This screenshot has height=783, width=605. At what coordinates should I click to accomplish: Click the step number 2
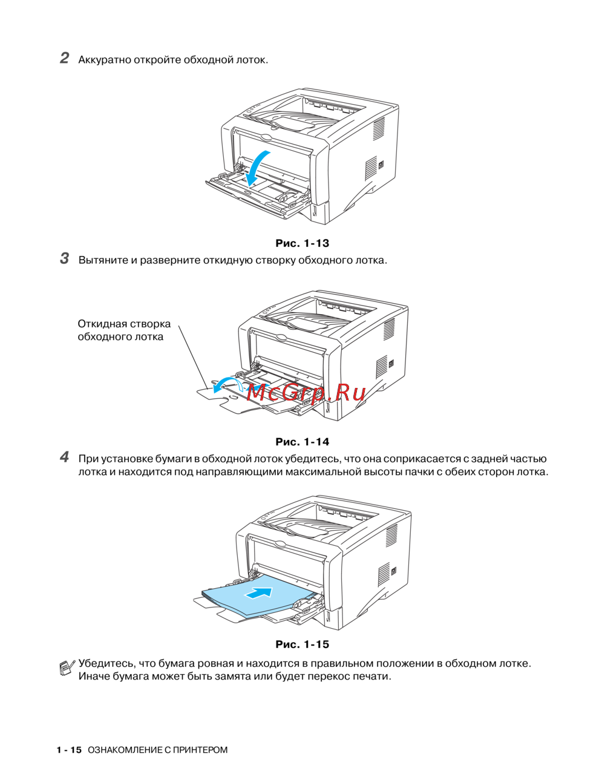tap(65, 58)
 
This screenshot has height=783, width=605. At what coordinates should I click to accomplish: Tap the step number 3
tap(65, 258)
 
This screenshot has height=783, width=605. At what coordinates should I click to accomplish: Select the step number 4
tap(65, 457)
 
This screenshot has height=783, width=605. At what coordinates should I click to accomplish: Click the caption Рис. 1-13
tap(302, 243)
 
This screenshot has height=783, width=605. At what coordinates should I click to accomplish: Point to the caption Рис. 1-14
tap(302, 442)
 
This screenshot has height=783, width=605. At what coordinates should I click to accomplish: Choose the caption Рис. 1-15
tap(302, 644)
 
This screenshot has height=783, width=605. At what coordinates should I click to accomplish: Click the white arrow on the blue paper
tap(258, 593)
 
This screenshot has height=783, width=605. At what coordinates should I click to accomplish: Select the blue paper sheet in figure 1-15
tap(258, 595)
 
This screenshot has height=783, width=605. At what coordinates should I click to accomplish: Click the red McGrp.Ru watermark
tap(306, 393)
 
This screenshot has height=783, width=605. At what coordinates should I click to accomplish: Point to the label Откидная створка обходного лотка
tap(124, 330)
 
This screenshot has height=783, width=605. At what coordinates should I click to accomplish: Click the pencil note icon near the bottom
tap(67, 667)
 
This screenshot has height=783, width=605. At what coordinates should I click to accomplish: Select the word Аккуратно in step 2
tap(105, 60)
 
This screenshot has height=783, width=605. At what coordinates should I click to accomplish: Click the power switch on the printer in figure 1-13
tap(381, 165)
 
